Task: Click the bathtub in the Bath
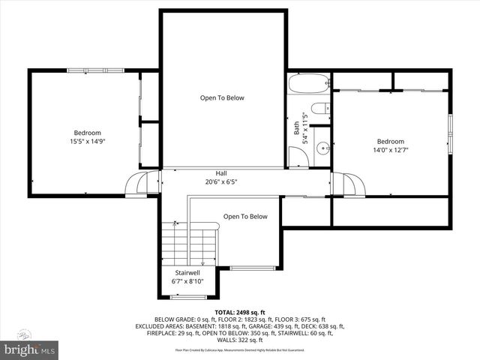[x=308, y=83]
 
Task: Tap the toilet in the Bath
[x=318, y=110]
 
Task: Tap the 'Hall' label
[x=221, y=173]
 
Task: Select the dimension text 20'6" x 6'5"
[x=221, y=181]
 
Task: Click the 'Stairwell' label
[x=187, y=272]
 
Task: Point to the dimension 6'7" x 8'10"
[x=187, y=281]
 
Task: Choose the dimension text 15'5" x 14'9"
[x=87, y=140]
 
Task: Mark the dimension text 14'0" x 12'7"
[x=391, y=149]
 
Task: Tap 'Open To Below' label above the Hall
[x=221, y=97]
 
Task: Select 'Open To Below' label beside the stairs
[x=244, y=217]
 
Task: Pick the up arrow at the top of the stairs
[x=175, y=223]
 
